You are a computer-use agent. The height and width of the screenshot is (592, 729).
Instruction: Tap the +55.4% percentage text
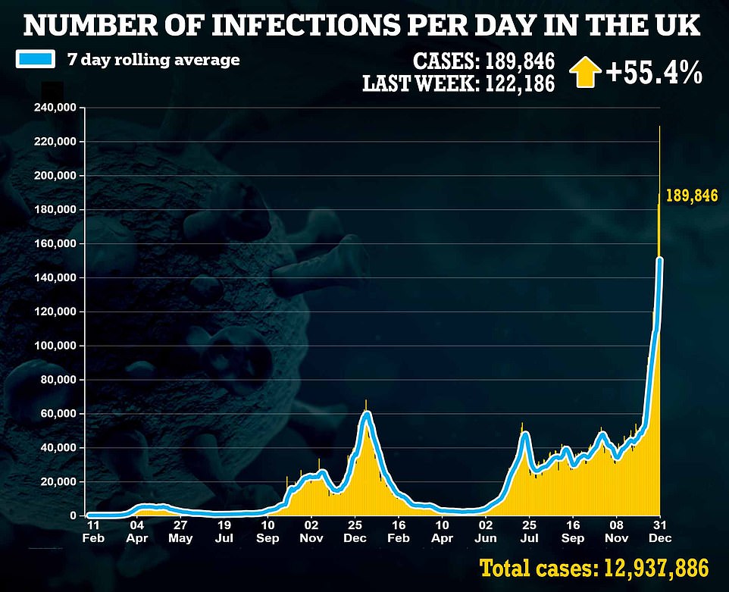[x=653, y=74]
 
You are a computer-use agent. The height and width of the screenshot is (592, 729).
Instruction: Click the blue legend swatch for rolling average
[x=35, y=59]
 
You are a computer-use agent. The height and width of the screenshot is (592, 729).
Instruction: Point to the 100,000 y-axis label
[x=55, y=346]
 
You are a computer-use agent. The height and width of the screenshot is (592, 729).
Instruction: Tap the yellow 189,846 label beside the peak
[x=691, y=196]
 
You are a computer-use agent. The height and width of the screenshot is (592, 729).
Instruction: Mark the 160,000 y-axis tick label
[x=55, y=243]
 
